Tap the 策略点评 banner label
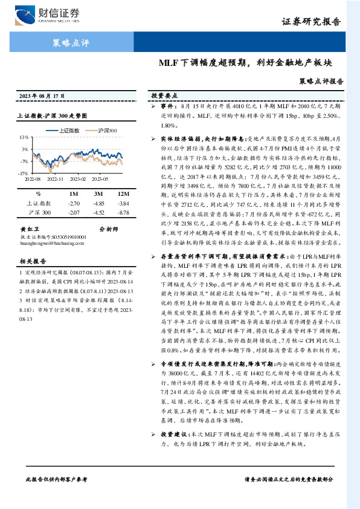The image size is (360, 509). [68, 42]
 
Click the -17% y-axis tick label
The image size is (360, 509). [22, 172]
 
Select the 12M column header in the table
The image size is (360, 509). [124, 193]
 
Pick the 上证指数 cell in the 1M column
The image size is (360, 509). [74, 203]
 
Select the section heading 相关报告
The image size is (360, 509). [30, 261]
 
